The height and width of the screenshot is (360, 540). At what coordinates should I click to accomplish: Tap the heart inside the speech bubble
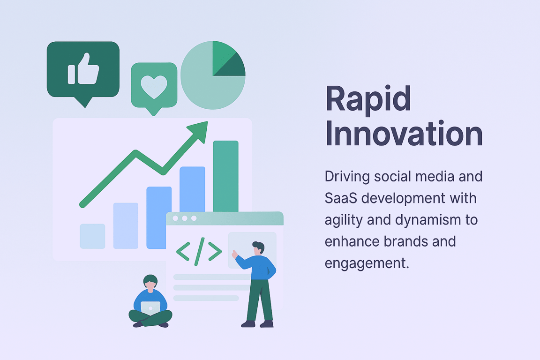154,86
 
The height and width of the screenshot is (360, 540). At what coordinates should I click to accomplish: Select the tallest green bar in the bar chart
225,176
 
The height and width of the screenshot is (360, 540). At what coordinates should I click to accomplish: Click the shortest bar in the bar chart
92,236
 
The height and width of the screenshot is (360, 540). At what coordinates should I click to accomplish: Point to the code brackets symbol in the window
199,251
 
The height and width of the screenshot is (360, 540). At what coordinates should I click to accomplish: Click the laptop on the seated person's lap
150,308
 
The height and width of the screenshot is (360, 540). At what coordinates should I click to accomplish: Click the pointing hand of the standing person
234,254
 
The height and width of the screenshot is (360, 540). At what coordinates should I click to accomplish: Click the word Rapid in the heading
368,99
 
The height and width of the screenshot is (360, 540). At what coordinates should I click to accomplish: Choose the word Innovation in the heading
404,134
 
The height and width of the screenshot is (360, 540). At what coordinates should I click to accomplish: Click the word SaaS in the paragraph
341,198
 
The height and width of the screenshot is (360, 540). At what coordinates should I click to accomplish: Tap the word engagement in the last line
367,263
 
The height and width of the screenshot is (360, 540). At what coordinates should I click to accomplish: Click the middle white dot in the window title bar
185,218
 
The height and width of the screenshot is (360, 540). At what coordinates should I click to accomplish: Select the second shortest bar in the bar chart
126,225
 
